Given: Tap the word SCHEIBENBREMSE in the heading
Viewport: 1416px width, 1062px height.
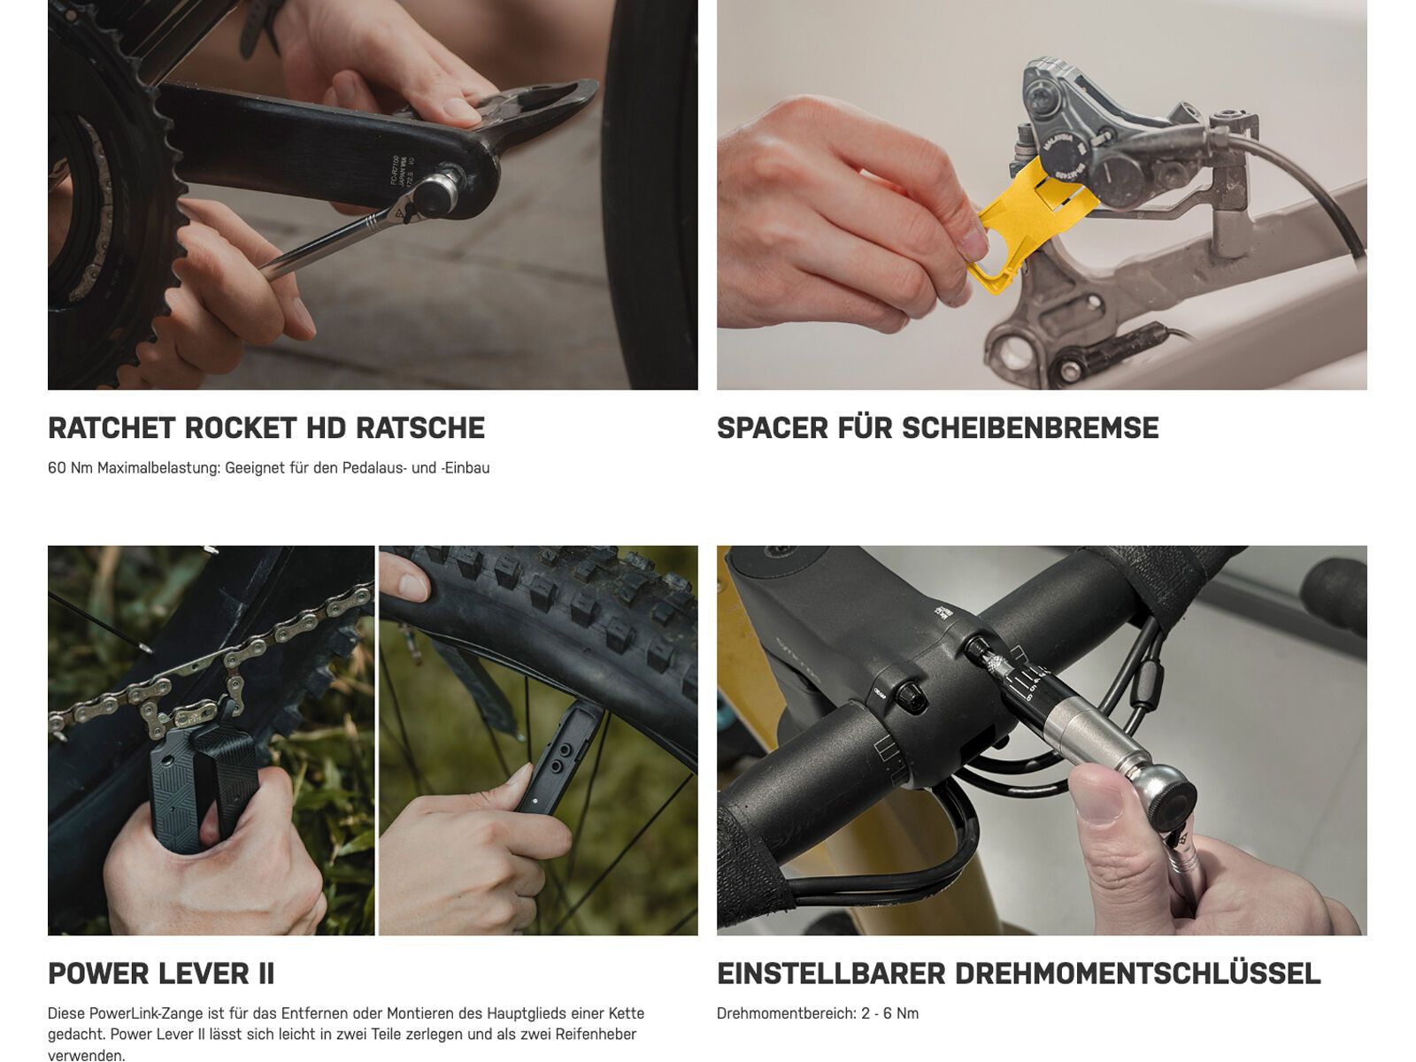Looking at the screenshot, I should click(1030, 428).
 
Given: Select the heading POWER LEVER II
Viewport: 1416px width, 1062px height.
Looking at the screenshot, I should click(161, 973).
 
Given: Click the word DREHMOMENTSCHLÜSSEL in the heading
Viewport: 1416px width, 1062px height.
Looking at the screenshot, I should click(1138, 973).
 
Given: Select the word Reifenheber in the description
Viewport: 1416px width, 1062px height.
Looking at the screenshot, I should click(598, 1035).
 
